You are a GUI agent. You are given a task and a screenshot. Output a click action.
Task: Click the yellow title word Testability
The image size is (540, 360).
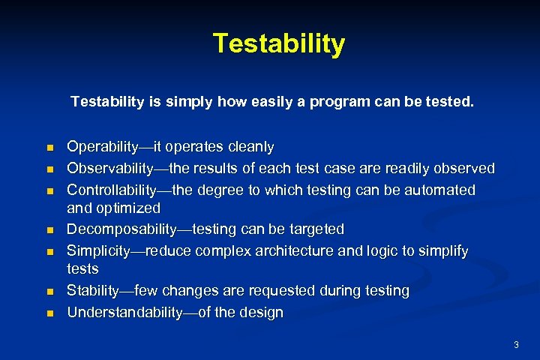click(278, 43)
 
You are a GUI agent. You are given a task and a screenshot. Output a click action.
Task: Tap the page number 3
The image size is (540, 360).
click(516, 344)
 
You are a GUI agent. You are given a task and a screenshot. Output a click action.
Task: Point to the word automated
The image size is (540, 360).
click(439, 190)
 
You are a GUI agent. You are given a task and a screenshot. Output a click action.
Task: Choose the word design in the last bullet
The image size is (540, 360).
click(262, 313)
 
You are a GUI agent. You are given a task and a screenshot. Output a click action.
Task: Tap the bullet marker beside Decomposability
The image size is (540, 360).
click(50, 229)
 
